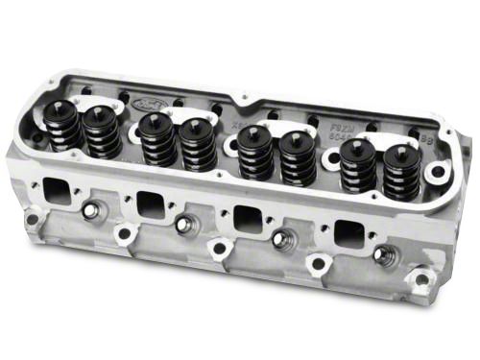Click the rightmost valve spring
point(401,174)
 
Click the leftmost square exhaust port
point(57,188)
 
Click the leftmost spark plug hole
point(91,210)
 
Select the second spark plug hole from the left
point(185,225)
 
